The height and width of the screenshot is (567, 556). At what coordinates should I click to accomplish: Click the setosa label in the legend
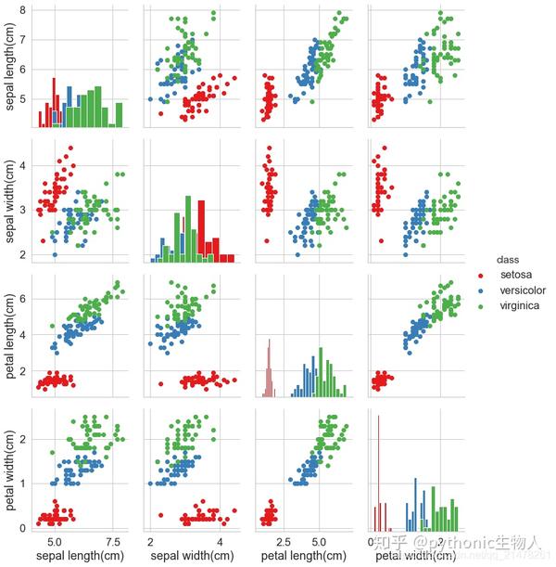pos(515,275)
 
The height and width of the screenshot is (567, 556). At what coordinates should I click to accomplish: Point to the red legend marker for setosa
pos(479,276)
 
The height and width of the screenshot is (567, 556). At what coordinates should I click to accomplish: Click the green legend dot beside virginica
pos(479,305)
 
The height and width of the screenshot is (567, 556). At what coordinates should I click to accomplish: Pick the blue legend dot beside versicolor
pos(479,290)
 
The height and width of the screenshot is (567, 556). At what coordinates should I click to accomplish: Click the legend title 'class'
pos(507,259)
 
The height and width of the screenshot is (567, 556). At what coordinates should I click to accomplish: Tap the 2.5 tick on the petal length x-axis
pos(286,541)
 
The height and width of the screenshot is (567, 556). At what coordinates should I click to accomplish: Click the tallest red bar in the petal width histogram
pos(380,473)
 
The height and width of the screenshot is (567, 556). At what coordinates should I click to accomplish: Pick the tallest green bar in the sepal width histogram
pos(188,228)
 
